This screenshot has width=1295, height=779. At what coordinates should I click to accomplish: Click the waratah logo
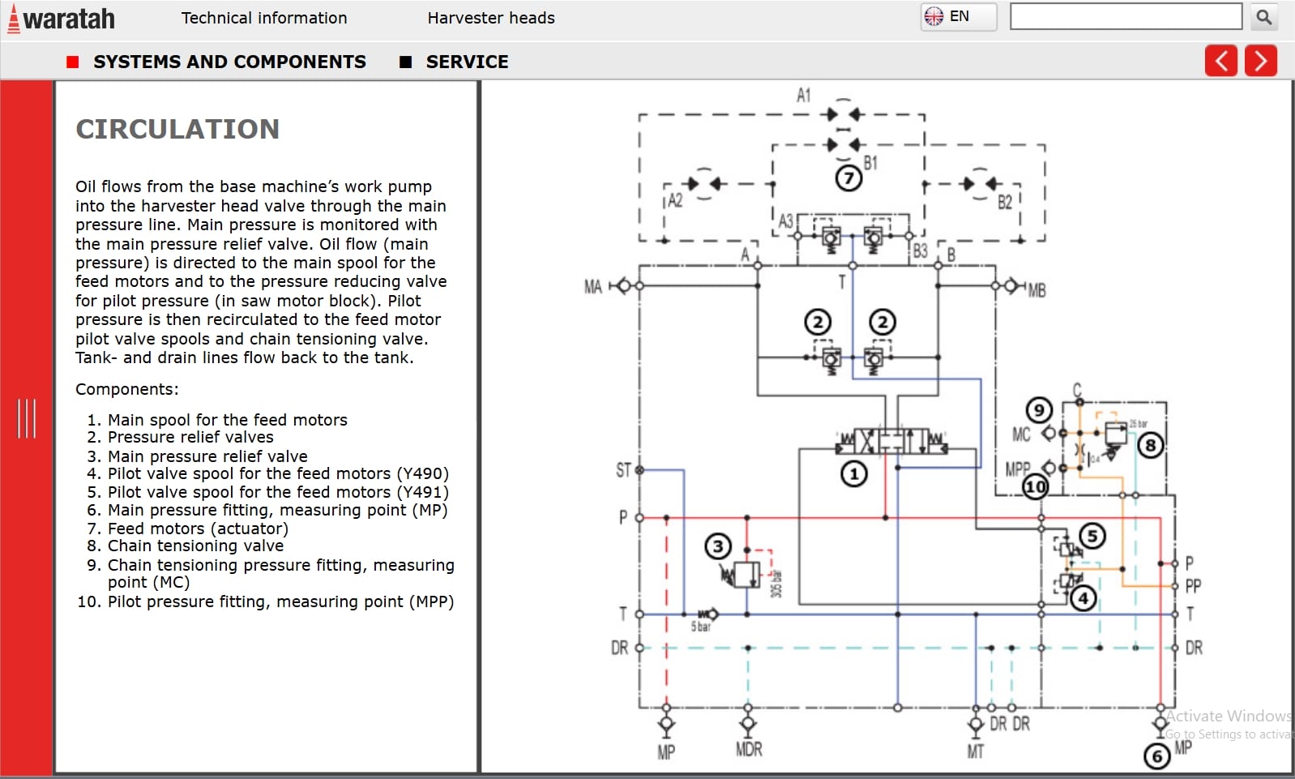62,19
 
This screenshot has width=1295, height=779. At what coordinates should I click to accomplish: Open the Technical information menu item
263,18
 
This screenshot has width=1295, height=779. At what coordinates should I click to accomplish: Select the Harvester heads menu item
490,18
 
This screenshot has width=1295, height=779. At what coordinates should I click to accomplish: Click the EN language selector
958,16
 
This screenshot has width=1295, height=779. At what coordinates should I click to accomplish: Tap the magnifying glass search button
1263,17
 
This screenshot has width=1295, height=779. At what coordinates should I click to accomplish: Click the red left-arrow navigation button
1220,61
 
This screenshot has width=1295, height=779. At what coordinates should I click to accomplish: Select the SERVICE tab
466,62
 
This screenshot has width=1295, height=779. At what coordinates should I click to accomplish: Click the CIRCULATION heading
177,129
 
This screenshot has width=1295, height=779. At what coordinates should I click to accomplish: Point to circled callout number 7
848,178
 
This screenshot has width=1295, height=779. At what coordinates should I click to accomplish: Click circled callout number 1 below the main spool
853,473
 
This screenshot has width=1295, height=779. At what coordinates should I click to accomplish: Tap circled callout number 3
717,546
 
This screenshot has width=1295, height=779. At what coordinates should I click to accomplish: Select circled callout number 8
1150,444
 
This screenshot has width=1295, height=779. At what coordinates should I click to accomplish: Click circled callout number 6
1156,756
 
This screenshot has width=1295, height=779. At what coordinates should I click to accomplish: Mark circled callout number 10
1036,487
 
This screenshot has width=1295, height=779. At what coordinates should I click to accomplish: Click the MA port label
593,287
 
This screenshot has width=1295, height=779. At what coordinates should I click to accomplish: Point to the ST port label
622,470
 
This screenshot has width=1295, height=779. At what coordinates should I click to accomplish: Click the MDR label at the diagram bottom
749,749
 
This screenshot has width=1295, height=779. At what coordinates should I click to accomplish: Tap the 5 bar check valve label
700,627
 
